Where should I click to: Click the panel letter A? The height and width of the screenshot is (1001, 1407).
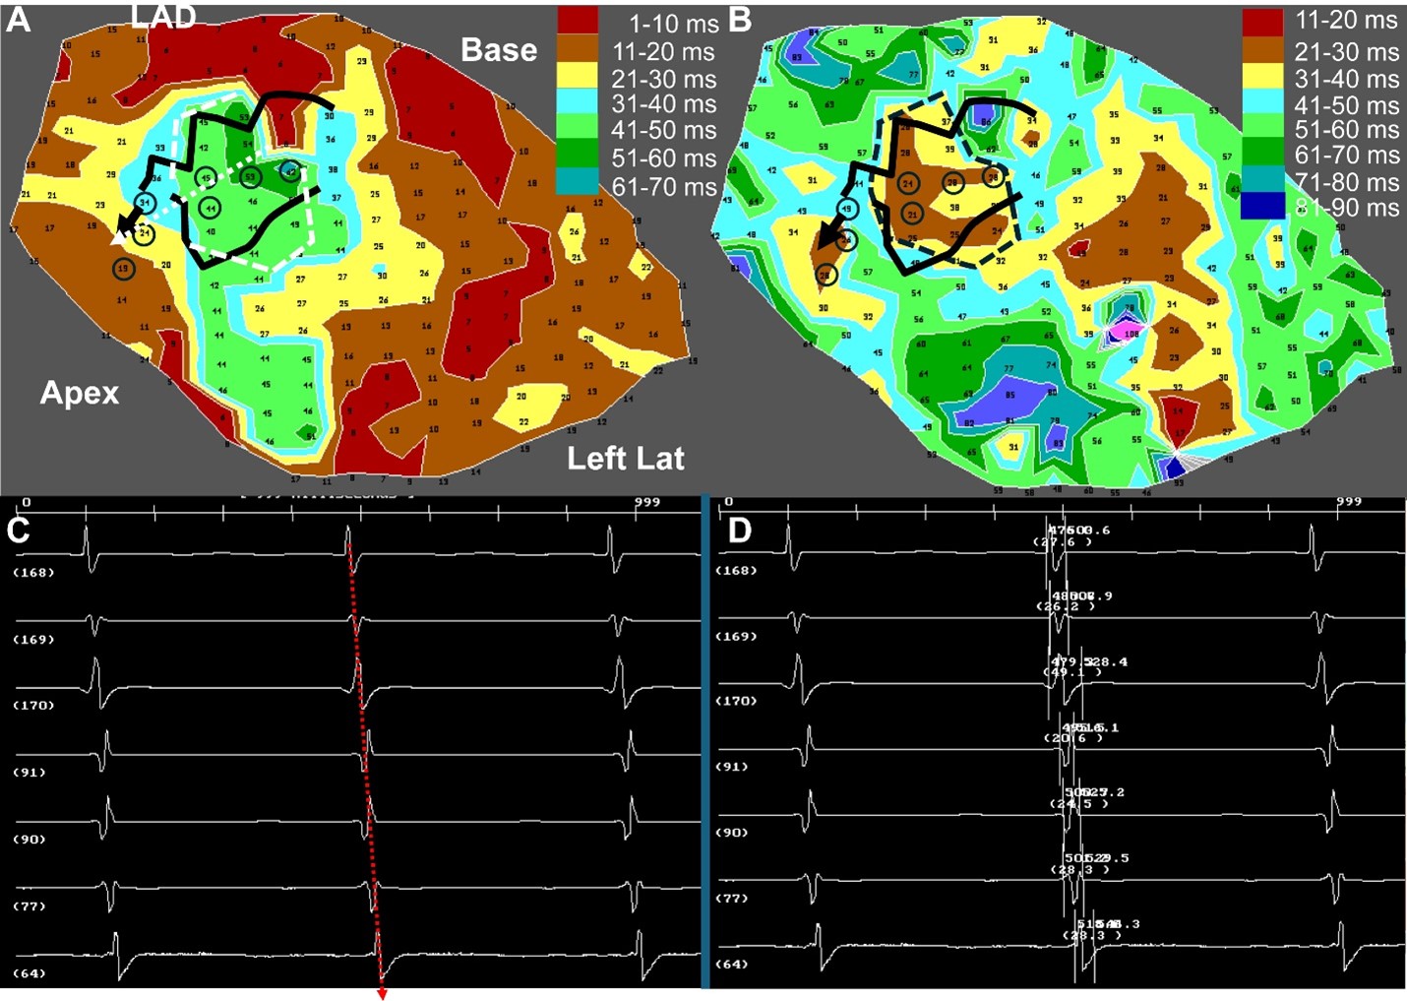coord(19,20)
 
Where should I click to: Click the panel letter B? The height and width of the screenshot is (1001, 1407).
coord(740,20)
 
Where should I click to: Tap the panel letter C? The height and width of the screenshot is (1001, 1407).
coord(19,530)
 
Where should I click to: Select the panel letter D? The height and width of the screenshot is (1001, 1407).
coord(739,531)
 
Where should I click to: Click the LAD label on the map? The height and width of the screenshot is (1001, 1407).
coord(164,16)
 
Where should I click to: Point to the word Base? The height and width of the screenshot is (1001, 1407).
coord(499,50)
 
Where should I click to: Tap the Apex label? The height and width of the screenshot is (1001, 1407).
coord(80,393)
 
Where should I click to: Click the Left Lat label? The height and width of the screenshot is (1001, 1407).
coord(626,458)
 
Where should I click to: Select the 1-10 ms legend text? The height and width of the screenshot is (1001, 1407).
coord(674,25)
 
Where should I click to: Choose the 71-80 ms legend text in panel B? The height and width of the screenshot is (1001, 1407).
coord(1346,182)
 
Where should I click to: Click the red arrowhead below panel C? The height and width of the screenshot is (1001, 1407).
coord(382,994)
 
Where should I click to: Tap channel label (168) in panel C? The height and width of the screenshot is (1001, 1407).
coord(33,572)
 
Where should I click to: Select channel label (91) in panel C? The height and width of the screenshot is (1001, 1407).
coord(30,772)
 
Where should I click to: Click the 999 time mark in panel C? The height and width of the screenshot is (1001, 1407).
coord(646,502)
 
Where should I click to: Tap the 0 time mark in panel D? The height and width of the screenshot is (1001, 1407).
coord(728,502)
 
